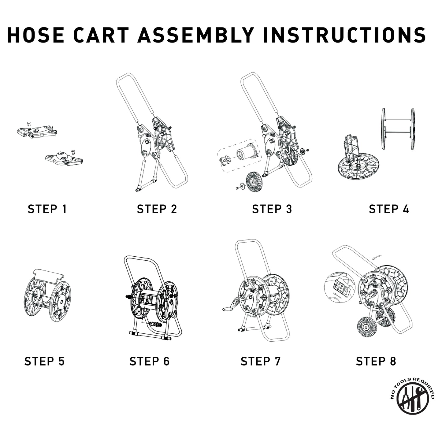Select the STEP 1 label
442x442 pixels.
click(x=47, y=209)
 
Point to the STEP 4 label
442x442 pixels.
click(x=389, y=209)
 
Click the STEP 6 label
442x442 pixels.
click(x=149, y=361)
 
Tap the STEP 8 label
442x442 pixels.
click(x=376, y=361)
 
